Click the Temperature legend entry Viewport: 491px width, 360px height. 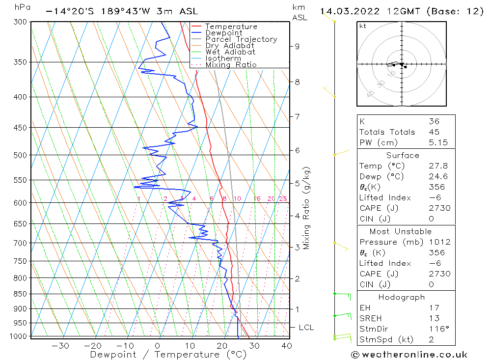point(231,27)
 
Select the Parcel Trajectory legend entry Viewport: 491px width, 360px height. point(241,39)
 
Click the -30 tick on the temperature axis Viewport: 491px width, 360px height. point(60,346)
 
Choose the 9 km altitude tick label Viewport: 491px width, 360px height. point(297,46)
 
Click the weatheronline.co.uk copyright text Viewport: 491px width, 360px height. point(409,355)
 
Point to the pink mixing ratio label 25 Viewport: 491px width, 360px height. point(283,198)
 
